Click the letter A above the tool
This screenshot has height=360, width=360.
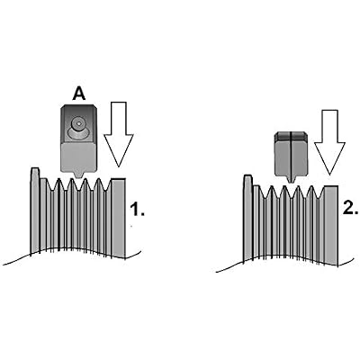79,94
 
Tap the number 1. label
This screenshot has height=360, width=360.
137,209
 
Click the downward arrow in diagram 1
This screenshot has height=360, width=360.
118,134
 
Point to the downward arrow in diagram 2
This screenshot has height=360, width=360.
329,142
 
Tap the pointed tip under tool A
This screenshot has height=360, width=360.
79,176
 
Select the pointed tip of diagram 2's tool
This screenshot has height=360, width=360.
291,179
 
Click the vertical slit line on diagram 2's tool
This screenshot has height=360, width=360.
291,157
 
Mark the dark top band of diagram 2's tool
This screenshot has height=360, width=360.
291,136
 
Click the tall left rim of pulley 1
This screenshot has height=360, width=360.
35,210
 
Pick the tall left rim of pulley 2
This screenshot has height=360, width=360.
247,218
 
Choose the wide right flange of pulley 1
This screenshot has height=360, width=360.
119,218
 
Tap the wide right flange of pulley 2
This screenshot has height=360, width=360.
331,225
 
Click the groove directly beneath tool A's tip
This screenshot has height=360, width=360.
79,186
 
